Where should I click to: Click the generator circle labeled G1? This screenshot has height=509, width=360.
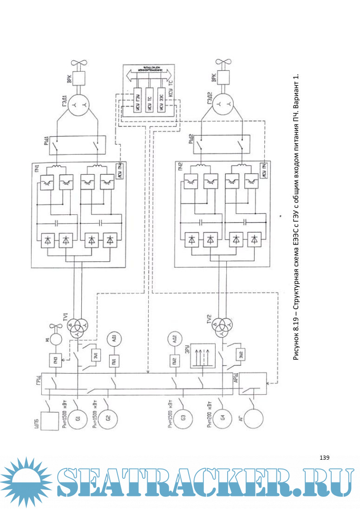[x=78, y=419]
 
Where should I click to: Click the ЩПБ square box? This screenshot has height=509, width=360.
[x=51, y=421]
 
